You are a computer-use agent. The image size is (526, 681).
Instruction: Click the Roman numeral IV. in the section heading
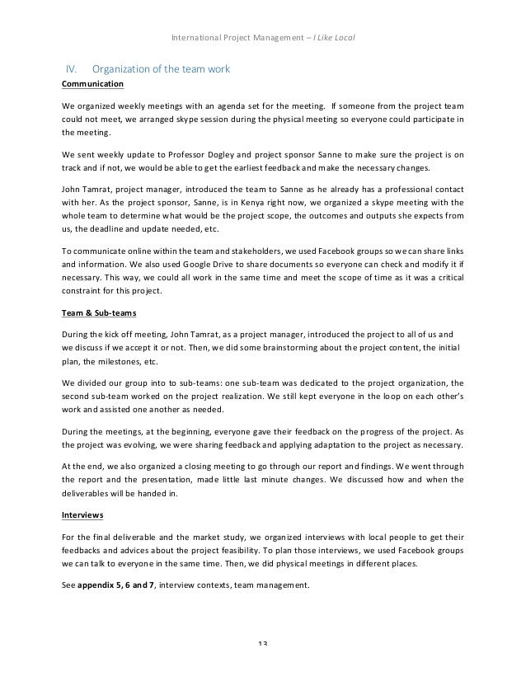click(72, 68)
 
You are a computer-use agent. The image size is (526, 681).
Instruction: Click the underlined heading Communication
click(92, 84)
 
